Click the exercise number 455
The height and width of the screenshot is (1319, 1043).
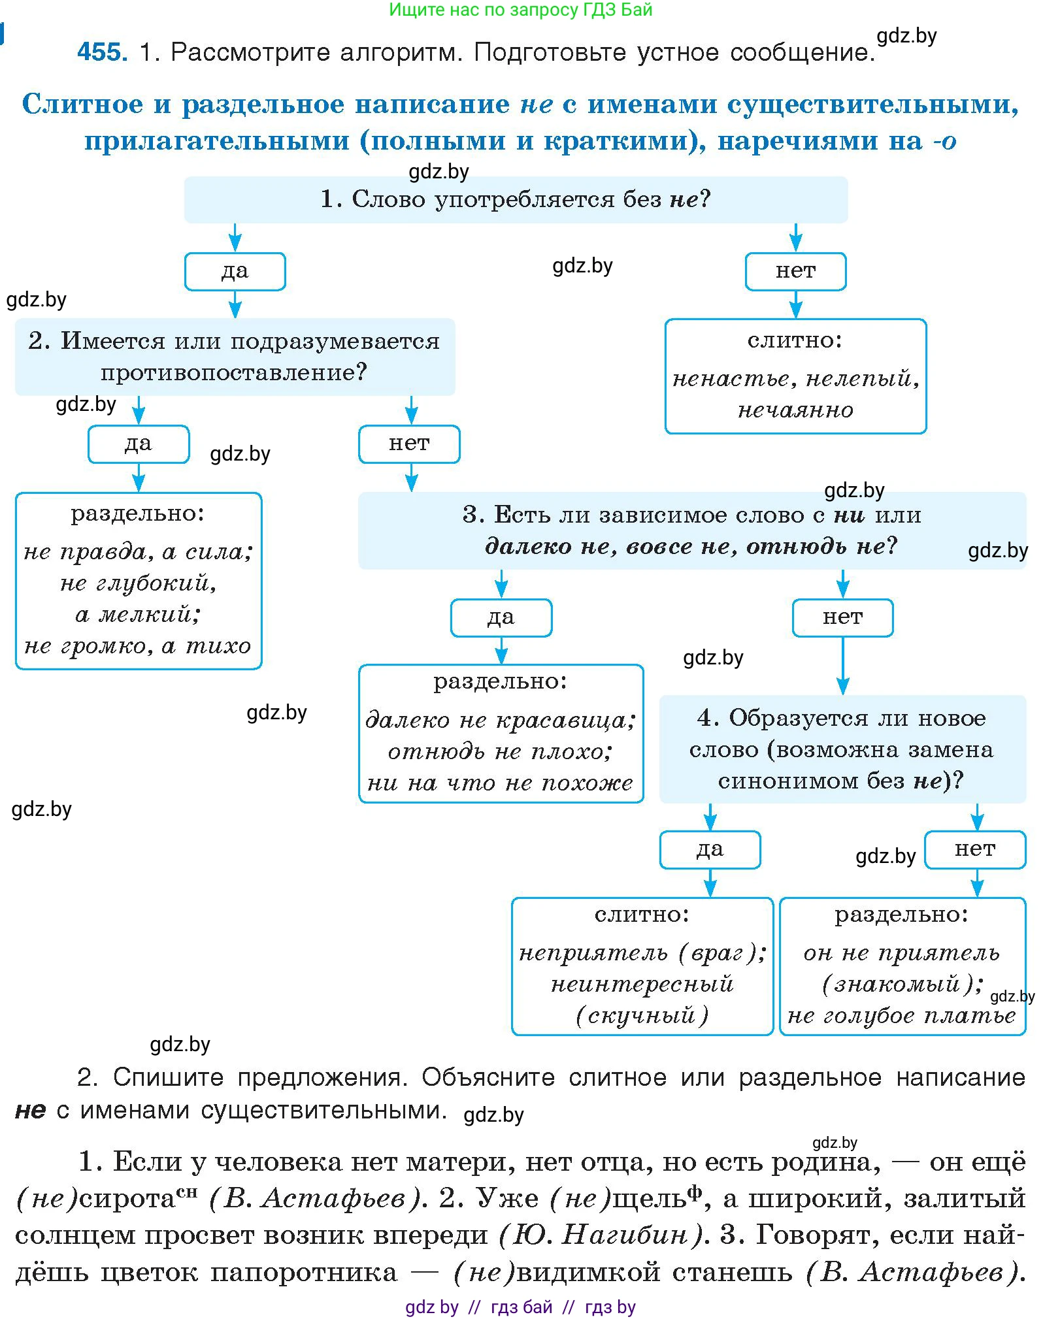(x=102, y=52)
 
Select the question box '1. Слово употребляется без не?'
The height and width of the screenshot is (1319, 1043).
(x=515, y=199)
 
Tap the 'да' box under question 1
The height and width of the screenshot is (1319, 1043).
(x=235, y=271)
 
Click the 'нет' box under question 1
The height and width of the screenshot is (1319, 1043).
(x=795, y=271)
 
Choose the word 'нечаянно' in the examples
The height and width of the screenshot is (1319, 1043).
(x=795, y=410)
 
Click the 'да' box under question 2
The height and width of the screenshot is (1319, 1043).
(x=139, y=444)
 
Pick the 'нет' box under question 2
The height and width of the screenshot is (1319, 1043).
(x=409, y=444)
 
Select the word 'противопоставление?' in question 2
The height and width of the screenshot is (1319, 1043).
(x=234, y=372)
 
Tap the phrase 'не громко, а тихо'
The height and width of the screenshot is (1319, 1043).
(x=138, y=646)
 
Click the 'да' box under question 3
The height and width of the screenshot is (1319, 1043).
(x=501, y=617)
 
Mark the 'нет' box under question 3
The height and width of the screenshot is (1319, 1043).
(x=842, y=617)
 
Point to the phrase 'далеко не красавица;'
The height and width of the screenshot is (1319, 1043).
(x=501, y=720)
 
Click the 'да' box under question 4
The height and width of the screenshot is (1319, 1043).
(x=710, y=849)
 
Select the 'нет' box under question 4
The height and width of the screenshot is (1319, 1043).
(x=975, y=849)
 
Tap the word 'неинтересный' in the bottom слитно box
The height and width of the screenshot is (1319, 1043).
(x=642, y=985)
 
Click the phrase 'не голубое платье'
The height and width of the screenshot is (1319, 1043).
(x=902, y=1016)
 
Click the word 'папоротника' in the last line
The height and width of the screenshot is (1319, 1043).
(x=304, y=1272)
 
